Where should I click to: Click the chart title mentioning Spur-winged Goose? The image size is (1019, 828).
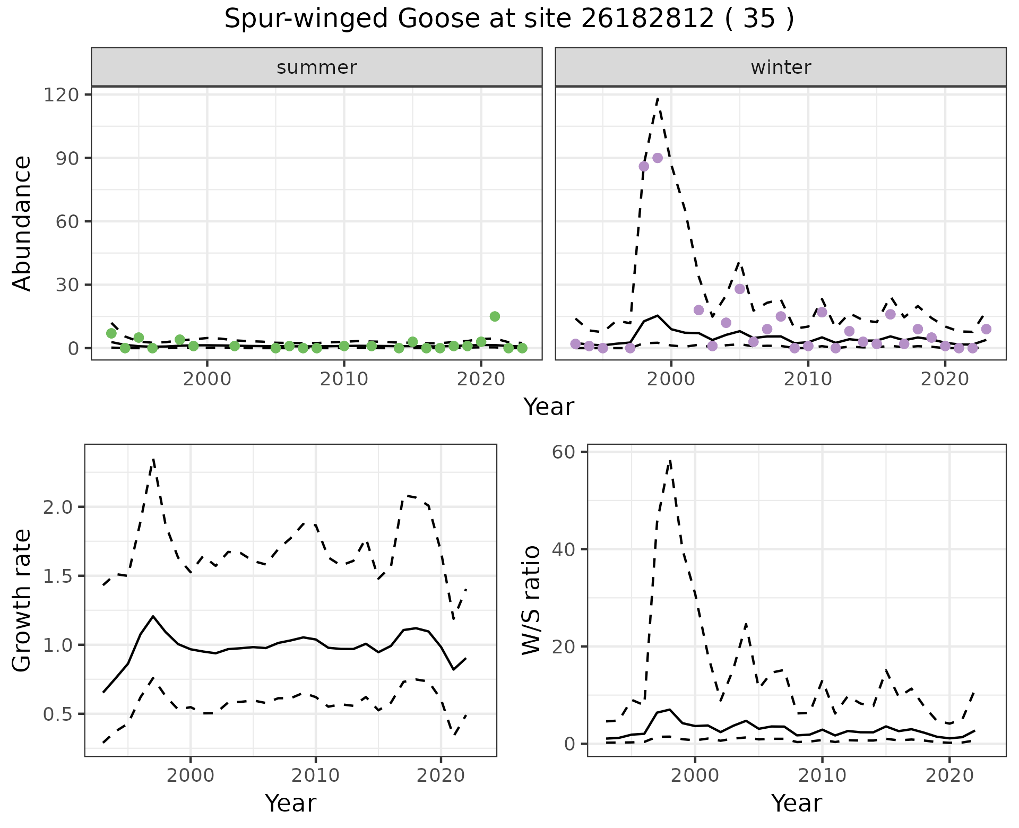point(509,19)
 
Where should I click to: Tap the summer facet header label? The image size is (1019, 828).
point(317,67)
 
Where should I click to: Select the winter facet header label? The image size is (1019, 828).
point(781,67)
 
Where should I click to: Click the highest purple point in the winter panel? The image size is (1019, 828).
point(658,158)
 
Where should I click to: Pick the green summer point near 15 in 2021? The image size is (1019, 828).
point(495,316)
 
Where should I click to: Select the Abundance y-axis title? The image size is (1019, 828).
point(22,223)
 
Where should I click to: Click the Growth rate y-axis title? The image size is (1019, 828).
point(22,600)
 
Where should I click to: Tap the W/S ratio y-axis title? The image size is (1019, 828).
point(531,600)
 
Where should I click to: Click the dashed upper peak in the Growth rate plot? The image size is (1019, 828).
point(153,460)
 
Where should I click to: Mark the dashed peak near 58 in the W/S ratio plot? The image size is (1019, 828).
point(670,461)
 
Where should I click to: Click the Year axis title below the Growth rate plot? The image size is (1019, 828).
point(290,803)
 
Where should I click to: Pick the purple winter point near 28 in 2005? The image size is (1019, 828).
point(740,289)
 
